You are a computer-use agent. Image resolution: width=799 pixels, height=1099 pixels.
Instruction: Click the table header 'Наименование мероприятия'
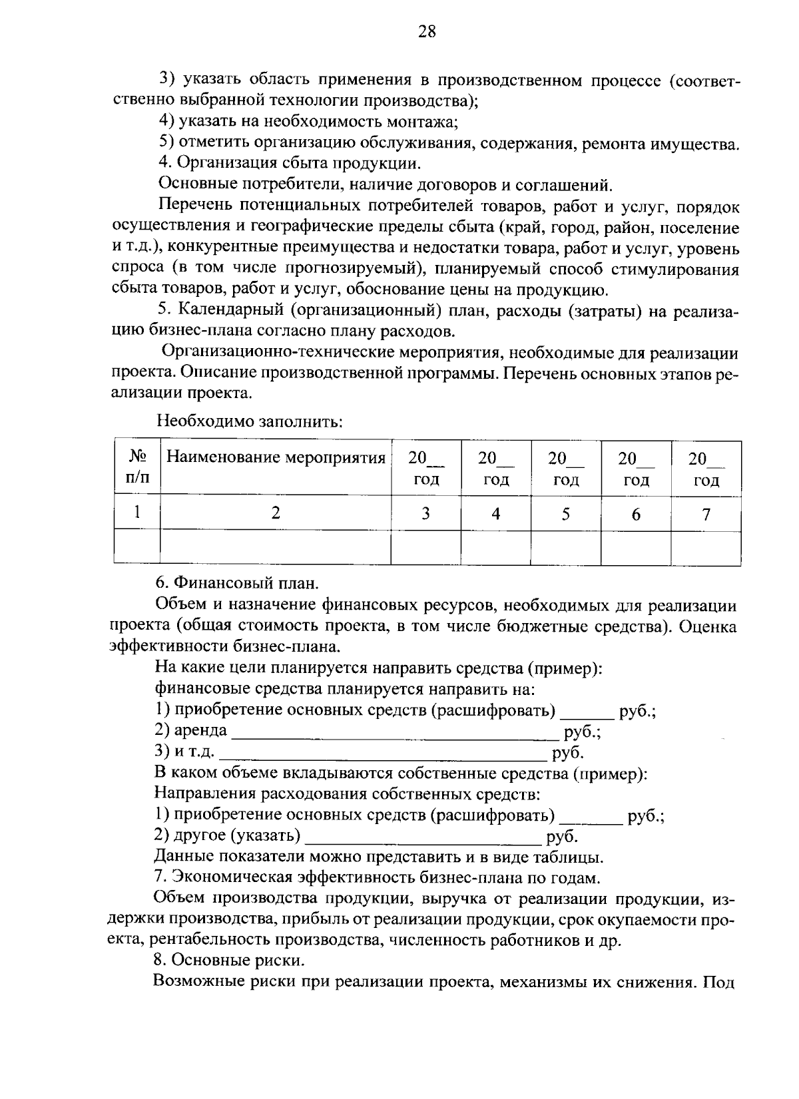click(276, 458)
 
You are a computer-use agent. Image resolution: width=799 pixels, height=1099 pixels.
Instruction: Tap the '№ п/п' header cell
click(137, 467)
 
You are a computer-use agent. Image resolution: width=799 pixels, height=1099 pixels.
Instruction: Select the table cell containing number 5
click(566, 513)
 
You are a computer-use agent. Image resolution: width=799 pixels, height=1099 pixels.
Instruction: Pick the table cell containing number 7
click(706, 513)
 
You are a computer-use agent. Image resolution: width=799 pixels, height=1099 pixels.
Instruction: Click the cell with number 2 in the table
click(276, 513)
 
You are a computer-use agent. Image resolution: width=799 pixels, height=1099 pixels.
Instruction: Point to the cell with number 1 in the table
click(137, 513)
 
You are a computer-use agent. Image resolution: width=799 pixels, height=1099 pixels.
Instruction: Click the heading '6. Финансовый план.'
click(237, 583)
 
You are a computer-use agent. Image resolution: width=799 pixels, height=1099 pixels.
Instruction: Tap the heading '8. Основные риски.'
click(229, 961)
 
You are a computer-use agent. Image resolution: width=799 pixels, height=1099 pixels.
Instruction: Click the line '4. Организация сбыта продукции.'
click(290, 163)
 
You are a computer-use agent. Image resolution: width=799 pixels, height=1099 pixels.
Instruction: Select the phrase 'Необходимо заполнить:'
click(250, 421)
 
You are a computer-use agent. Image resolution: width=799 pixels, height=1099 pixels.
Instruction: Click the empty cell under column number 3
click(425, 547)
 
